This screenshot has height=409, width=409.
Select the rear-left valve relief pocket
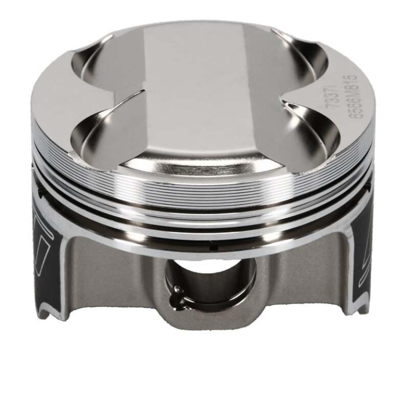(x=102, y=64)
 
